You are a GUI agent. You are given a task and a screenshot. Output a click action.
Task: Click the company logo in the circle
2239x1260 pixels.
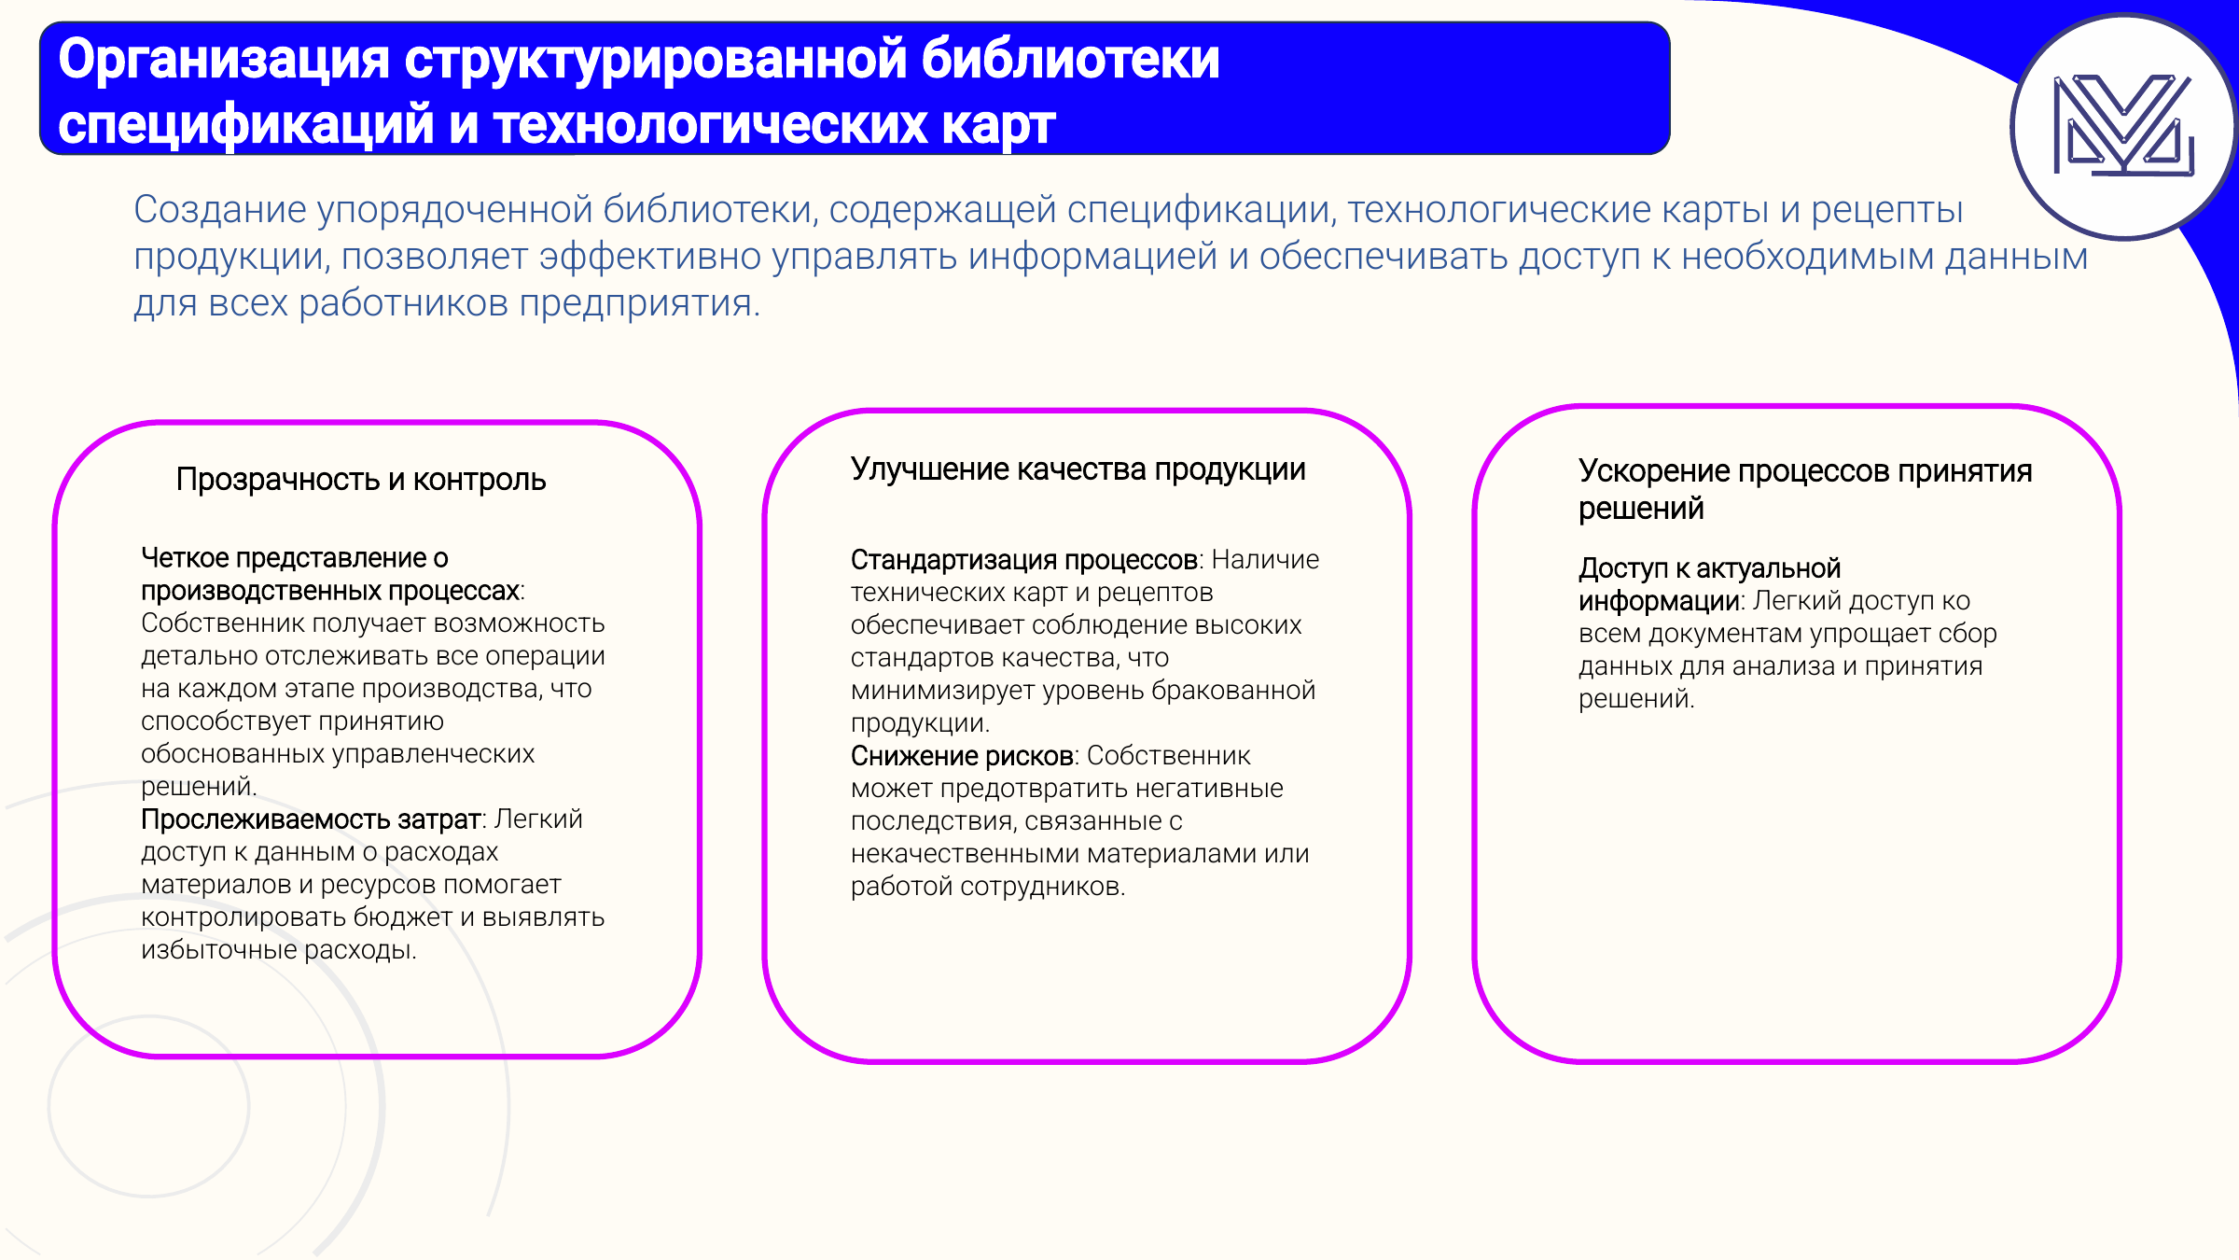tap(2123, 126)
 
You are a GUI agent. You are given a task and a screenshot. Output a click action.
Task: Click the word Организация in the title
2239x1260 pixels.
tap(223, 60)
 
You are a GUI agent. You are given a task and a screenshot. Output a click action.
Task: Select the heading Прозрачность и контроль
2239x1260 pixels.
tap(361, 480)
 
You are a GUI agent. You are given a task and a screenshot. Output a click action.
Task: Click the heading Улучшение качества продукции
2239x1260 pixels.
tap(1078, 469)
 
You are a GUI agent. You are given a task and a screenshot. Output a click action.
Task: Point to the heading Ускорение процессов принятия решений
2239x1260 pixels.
tap(1804, 489)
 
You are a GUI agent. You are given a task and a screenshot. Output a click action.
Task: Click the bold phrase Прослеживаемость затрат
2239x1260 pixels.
tap(311, 819)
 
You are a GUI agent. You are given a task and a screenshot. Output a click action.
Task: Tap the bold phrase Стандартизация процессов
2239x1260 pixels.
tap(1023, 560)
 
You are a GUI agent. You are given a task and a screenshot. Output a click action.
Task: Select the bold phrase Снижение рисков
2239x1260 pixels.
tap(961, 756)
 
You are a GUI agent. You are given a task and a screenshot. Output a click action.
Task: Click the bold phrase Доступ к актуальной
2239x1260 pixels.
tap(1709, 568)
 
